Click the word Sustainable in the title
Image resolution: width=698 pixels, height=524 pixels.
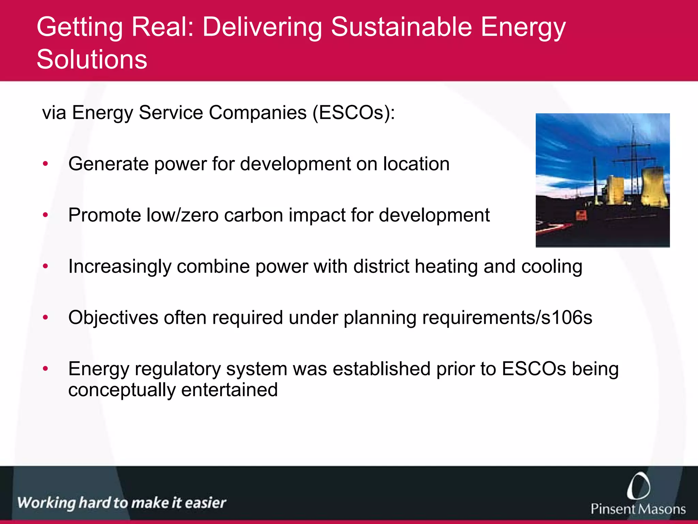tap(401, 27)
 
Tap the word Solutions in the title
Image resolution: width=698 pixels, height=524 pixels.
tap(92, 59)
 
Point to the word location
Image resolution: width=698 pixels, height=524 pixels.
tap(416, 164)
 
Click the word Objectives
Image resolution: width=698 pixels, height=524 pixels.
tap(113, 318)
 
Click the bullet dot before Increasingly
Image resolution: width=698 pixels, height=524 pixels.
tap(45, 266)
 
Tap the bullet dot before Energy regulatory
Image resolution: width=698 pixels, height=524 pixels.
tap(45, 369)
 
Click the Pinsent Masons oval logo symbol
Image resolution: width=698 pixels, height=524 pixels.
tap(638, 486)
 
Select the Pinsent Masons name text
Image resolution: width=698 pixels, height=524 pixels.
tap(638, 509)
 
